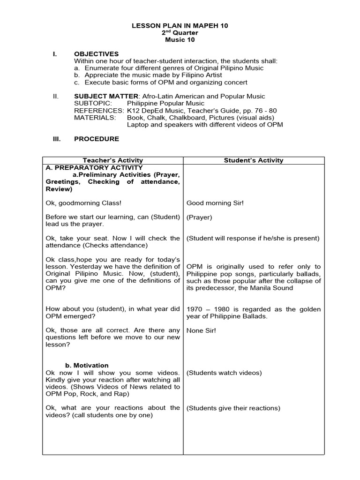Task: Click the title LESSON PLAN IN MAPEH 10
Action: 180,26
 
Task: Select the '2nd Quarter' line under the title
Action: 180,33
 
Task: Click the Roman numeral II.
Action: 56,96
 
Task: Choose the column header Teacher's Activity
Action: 112,160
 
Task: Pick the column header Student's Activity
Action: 253,160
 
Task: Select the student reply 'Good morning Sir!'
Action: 215,203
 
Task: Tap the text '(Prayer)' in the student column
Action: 199,217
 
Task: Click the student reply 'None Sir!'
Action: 201,330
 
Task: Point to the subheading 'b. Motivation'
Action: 86,366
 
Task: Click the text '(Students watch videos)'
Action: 224,373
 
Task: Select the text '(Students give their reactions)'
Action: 233,408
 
